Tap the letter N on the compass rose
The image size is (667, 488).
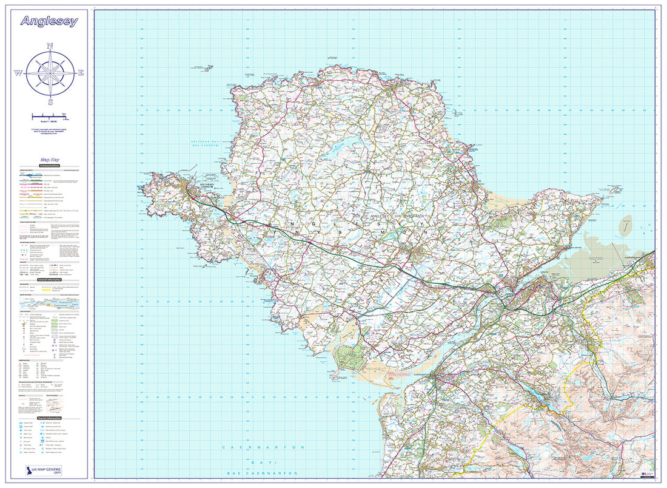click(x=50, y=46)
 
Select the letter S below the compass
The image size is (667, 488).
click(x=50, y=101)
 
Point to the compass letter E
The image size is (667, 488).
click(x=81, y=73)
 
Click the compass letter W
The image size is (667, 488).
click(x=18, y=73)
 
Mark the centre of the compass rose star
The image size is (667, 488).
click(x=50, y=73)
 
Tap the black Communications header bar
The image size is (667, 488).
click(x=50, y=165)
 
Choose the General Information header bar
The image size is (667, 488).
click(x=50, y=279)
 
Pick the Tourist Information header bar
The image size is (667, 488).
click(x=50, y=418)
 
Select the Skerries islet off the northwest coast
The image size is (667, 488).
click(x=198, y=65)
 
